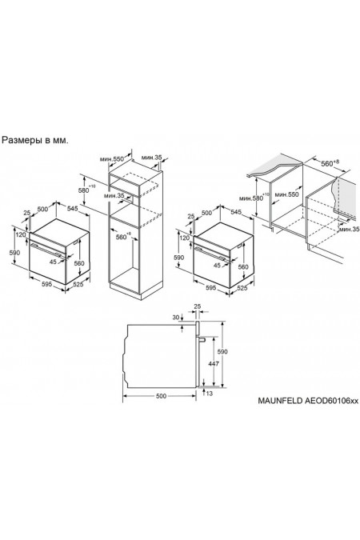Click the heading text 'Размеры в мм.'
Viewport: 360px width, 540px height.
(x=35, y=139)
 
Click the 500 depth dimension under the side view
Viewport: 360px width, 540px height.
(x=161, y=395)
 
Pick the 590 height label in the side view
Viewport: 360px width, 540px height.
(x=225, y=351)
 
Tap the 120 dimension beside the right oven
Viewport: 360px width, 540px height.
(x=185, y=238)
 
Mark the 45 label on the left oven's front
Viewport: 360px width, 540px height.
(x=52, y=260)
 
